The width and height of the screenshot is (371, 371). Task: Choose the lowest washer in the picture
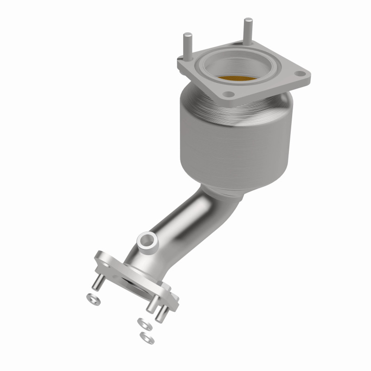(147, 337)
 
